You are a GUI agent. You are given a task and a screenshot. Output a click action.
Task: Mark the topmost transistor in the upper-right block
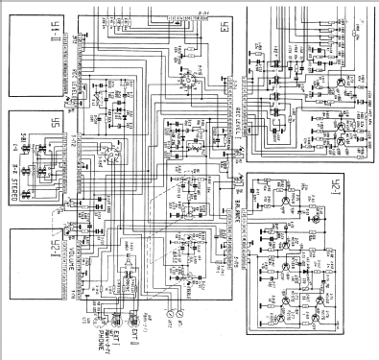pyautogui.click(x=340, y=81)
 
